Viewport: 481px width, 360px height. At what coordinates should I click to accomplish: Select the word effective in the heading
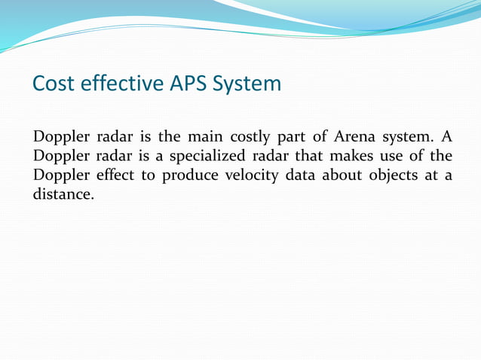pos(112,83)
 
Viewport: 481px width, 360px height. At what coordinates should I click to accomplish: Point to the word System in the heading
pos(246,83)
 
